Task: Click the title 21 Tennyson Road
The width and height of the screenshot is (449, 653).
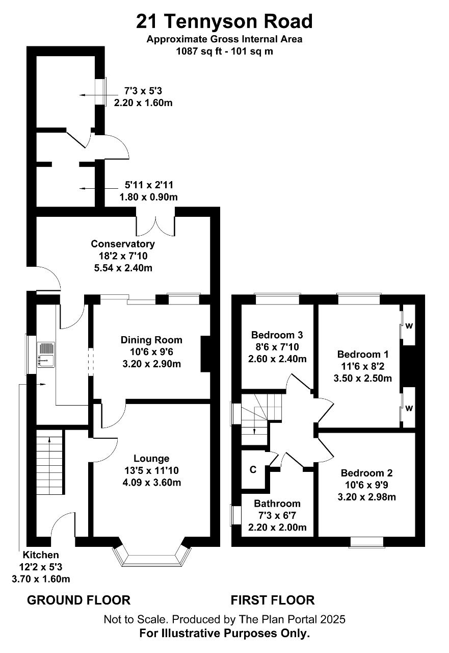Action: coord(224,21)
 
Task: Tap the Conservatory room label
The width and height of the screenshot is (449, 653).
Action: coord(123,244)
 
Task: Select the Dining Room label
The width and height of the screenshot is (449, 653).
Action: coord(151,340)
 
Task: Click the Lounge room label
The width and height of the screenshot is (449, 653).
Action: coord(151,459)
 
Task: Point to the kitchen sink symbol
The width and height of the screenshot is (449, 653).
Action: coord(46,355)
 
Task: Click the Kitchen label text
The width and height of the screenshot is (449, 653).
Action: coord(41,555)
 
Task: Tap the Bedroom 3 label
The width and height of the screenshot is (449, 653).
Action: coord(277,335)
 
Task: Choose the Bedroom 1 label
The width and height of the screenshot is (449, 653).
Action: coord(363,354)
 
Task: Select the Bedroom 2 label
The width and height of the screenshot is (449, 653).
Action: coord(366,473)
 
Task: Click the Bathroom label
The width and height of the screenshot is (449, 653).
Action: coord(277,504)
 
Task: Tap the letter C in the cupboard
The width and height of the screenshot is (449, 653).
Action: coord(253,470)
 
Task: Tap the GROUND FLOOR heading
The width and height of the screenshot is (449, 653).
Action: coord(78,600)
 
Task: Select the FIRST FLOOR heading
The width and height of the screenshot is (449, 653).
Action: coord(273,600)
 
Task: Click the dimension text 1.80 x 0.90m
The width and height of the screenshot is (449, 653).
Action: coord(148,197)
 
